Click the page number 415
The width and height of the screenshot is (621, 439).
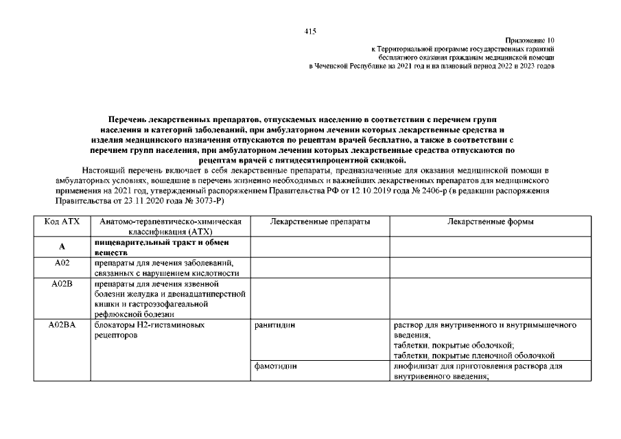[310, 32]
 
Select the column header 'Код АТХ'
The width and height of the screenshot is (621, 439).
[62, 223]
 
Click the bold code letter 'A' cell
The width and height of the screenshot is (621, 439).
[62, 248]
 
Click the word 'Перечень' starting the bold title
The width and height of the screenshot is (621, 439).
[134, 120]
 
